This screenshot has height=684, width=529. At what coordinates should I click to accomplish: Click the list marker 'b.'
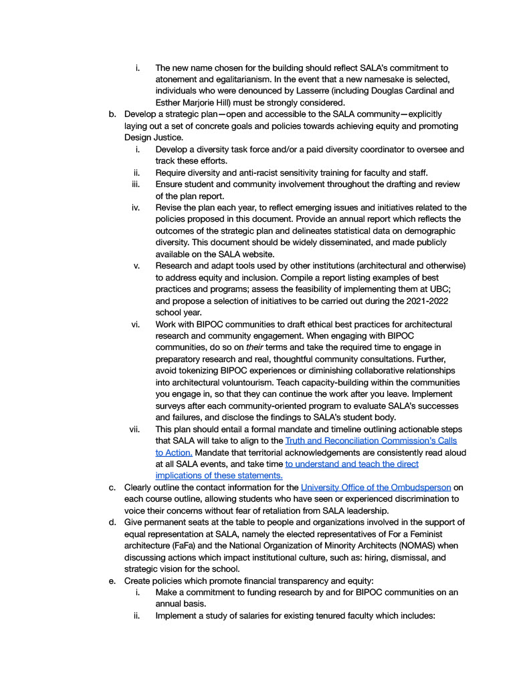pyautogui.click(x=113, y=114)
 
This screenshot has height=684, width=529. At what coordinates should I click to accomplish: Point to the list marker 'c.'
pyautogui.click(x=113, y=488)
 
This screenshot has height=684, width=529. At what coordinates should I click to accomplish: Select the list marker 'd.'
pyautogui.click(x=113, y=522)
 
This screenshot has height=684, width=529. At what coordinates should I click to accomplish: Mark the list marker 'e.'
pyautogui.click(x=113, y=580)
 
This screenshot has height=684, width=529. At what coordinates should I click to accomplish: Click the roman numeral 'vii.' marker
pyautogui.click(x=134, y=430)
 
